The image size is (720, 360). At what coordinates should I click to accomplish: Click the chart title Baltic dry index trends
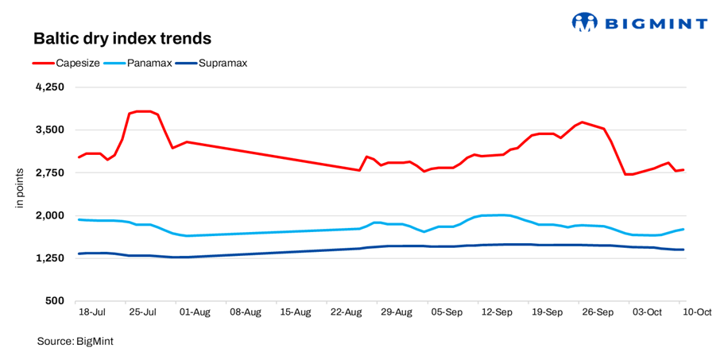point(122,38)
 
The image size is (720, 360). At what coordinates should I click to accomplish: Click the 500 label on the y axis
point(54,301)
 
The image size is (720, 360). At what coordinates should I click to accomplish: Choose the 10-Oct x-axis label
point(696,313)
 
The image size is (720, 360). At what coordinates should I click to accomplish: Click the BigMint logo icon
point(584,22)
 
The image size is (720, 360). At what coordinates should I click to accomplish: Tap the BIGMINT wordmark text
point(656,23)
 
